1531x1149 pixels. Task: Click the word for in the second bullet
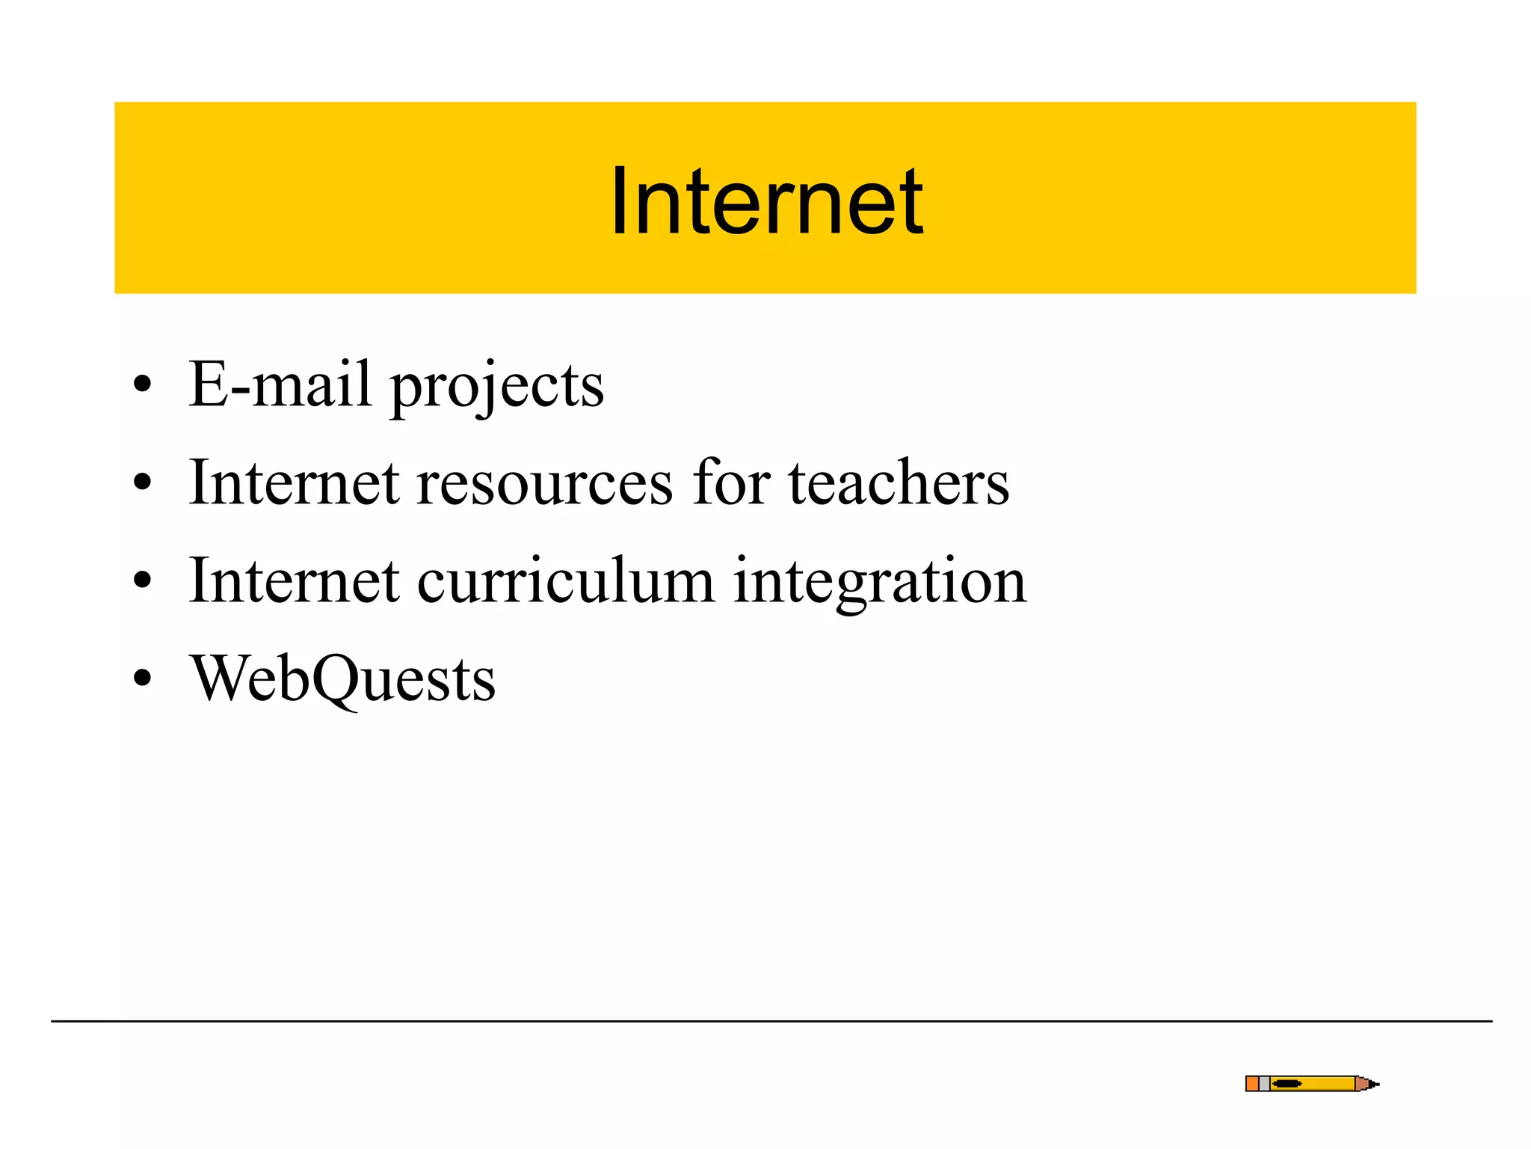pos(731,482)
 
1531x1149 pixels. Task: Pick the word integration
pos(880,583)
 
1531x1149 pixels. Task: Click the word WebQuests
pos(342,678)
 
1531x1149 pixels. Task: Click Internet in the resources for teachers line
pos(294,482)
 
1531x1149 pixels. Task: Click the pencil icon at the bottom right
pos(1311,1083)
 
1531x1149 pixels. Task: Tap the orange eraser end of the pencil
pos(1252,1083)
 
